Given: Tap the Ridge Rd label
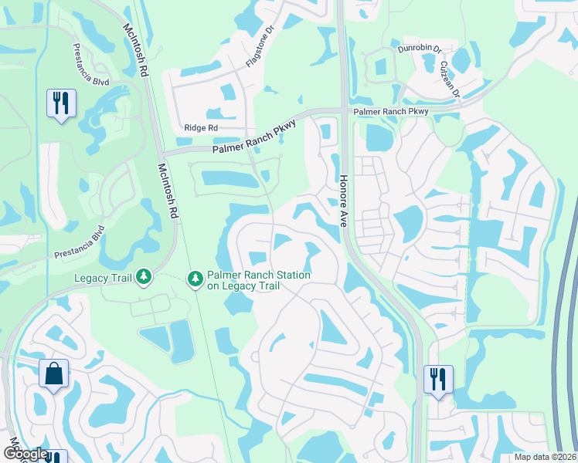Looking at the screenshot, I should click(x=201, y=128).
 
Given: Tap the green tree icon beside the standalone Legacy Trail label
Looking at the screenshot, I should click(x=143, y=276).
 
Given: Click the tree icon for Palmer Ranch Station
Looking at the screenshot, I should click(x=195, y=276).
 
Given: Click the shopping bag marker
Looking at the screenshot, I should click(x=53, y=374).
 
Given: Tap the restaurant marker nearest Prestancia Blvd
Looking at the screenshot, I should click(x=60, y=103).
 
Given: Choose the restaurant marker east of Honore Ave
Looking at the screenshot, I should click(x=437, y=380).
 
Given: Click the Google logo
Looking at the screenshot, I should click(x=25, y=455).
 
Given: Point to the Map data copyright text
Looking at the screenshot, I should click(x=544, y=457).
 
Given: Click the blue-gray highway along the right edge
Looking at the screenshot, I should click(x=562, y=309).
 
